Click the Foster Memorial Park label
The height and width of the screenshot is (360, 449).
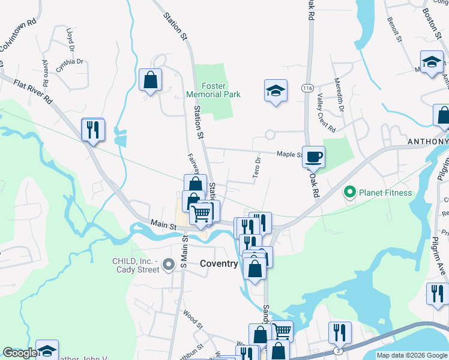(213, 90)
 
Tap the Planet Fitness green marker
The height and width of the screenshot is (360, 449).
(349, 193)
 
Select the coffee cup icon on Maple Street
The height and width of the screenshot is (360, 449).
(313, 157)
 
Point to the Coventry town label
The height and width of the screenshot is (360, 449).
(219, 263)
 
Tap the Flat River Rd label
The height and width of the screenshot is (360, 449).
(33, 92)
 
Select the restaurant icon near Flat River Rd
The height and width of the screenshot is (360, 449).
(93, 130)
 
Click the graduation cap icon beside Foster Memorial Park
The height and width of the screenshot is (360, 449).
(276, 91)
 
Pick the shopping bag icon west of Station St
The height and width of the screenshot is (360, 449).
(150, 80)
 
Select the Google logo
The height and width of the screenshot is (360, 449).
(20, 353)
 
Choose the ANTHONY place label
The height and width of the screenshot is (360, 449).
(428, 142)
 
